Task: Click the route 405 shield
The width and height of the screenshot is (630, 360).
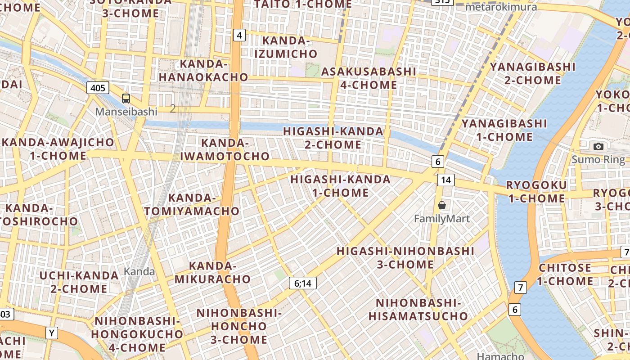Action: [x=98, y=87]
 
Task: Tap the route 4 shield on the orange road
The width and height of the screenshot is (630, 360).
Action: [x=239, y=35]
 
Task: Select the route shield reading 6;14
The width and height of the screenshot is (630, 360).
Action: [x=303, y=283]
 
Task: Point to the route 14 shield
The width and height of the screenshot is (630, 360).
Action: [x=445, y=180]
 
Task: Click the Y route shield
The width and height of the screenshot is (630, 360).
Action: [x=52, y=333]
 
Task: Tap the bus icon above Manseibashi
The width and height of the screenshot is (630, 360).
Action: [x=126, y=98]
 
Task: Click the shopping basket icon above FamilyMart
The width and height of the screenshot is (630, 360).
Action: [x=442, y=205]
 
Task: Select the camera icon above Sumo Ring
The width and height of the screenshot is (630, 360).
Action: [x=598, y=146]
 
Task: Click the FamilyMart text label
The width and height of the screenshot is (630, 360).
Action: [x=442, y=219]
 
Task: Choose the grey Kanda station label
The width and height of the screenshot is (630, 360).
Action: [x=139, y=271]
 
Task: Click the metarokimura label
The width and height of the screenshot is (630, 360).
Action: [x=501, y=7]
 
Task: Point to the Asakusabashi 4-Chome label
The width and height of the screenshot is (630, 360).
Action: [x=369, y=78]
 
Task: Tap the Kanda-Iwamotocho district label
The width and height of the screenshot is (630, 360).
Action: [x=225, y=150]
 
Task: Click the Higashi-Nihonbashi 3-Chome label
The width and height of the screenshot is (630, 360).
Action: [x=405, y=257]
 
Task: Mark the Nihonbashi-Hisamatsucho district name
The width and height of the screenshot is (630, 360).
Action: [x=418, y=309]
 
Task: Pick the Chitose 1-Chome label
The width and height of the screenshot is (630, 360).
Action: [x=565, y=274]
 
